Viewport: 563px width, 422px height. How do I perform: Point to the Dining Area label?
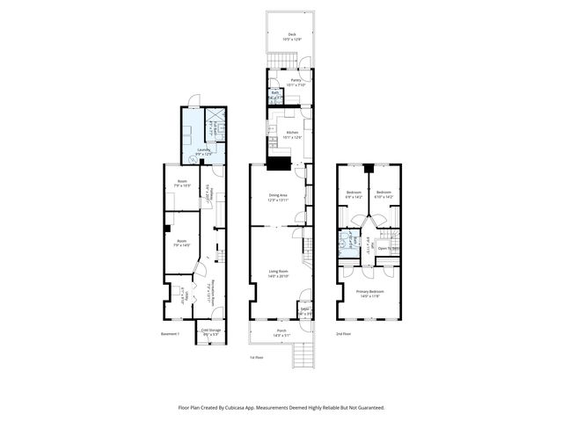pyautogui.click(x=278, y=197)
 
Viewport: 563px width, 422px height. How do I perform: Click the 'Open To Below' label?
pyautogui.click(x=390, y=248)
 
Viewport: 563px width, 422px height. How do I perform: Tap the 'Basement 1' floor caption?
pyautogui.click(x=170, y=334)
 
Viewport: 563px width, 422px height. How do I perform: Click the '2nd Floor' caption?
pyautogui.click(x=343, y=334)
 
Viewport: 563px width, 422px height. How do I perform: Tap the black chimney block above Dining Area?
pyautogui.click(x=280, y=163)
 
